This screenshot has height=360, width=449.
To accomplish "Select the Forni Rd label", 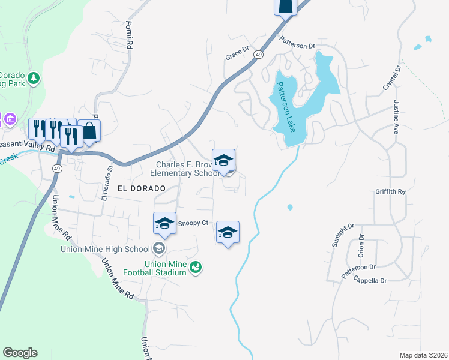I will click(128, 34).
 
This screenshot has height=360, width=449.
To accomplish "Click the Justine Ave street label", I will click(396, 116).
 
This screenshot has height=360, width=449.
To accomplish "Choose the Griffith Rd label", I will click(390, 193).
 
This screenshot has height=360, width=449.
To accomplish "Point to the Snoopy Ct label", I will click(194, 223).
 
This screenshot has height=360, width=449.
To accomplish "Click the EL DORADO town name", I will click(141, 188).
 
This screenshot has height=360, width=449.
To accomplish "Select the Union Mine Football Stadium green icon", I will click(195, 267).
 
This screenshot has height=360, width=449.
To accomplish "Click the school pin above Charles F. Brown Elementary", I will click(223, 160).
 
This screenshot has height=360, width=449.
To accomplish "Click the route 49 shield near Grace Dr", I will click(258, 55).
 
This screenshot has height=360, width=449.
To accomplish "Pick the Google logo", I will click(20, 353).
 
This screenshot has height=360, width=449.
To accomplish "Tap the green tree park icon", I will click(34, 77).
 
